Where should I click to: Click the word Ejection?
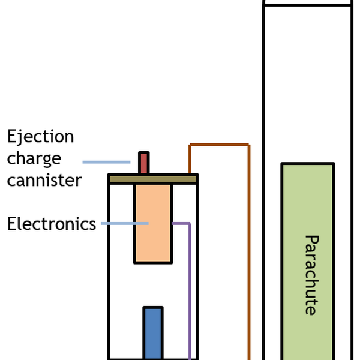click(x=40, y=137)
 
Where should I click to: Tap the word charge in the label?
click(x=34, y=158)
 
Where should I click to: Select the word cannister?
click(x=44, y=180)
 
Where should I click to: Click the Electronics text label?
click(x=52, y=224)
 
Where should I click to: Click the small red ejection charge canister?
click(x=143, y=163)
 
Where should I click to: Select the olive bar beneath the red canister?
click(x=153, y=179)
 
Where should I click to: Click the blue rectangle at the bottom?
click(x=152, y=333)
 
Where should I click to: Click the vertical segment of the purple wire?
click(x=190, y=288)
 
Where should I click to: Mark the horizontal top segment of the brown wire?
click(x=219, y=145)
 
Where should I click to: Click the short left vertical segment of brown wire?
click(x=190, y=159)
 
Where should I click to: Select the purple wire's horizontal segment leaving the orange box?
click(x=181, y=223)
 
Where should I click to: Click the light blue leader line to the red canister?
click(x=106, y=162)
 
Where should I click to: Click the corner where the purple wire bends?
click(x=190, y=223)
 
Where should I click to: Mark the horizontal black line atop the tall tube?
click(x=307, y=5)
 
